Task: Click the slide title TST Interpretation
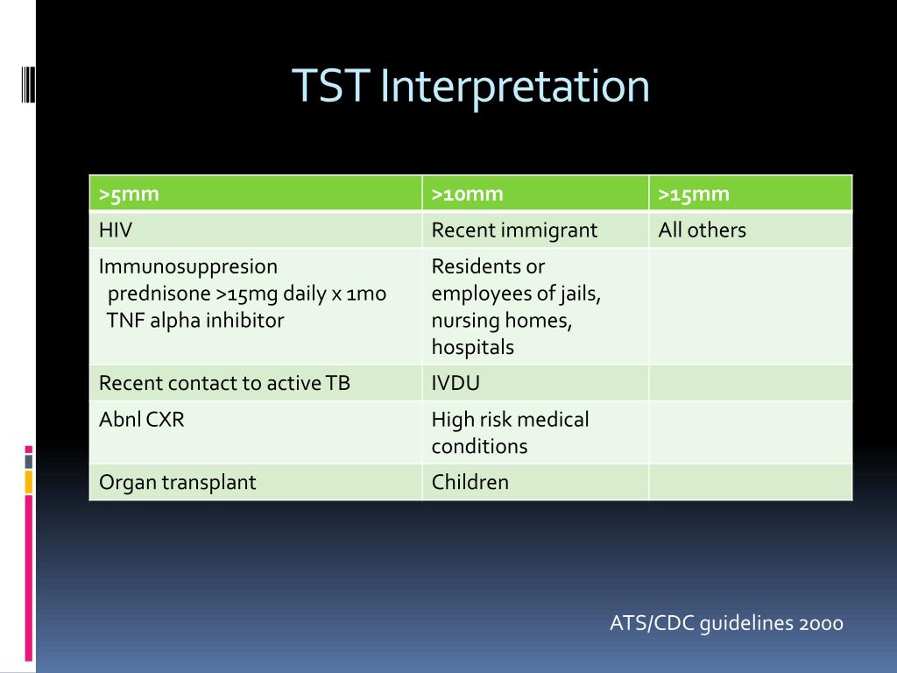click(x=470, y=87)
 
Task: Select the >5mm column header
click(x=129, y=194)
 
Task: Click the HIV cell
click(x=116, y=230)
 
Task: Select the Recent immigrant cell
click(x=514, y=230)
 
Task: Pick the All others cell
click(x=702, y=230)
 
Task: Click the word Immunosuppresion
click(x=188, y=266)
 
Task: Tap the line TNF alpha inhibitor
click(x=195, y=320)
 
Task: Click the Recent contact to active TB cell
click(x=224, y=383)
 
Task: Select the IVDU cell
click(x=456, y=383)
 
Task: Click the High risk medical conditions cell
click(x=510, y=433)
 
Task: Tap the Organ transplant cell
click(x=178, y=482)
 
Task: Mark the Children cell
click(x=470, y=482)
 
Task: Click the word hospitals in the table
click(x=472, y=347)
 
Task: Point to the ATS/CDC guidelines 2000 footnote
click(x=726, y=623)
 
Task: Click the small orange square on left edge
click(x=29, y=481)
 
